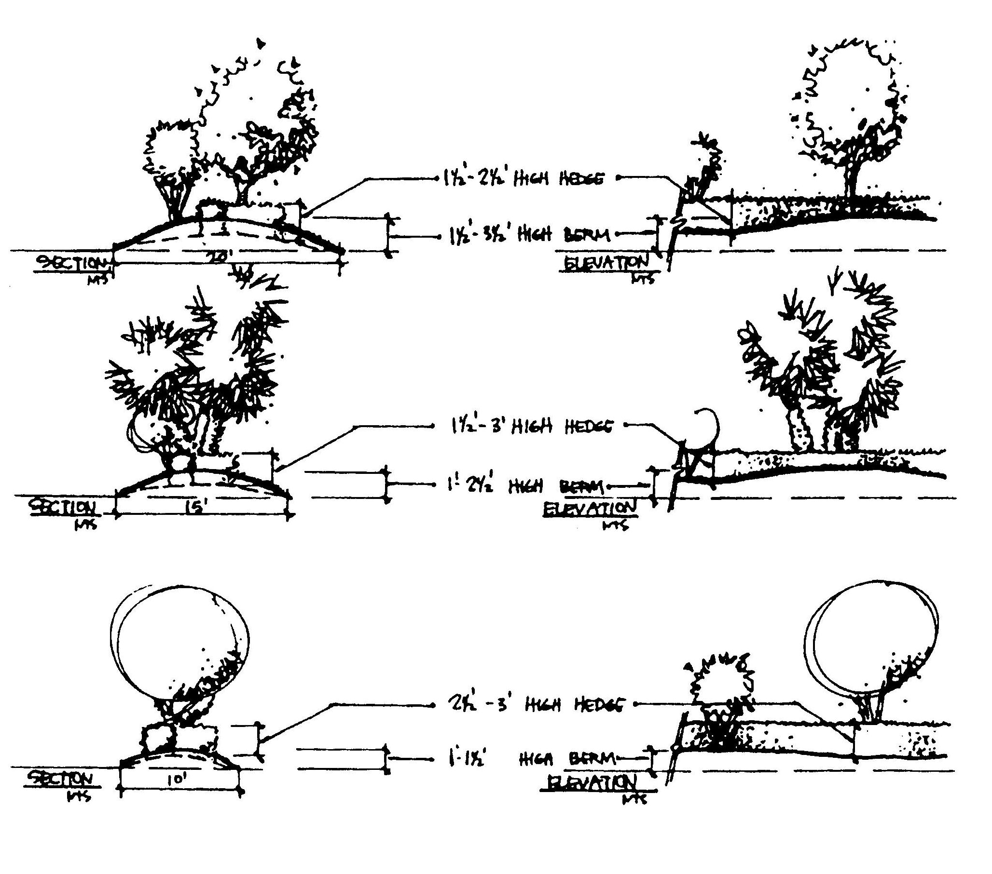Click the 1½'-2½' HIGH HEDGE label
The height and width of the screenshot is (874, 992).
click(x=523, y=179)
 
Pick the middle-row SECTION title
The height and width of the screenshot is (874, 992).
click(x=63, y=508)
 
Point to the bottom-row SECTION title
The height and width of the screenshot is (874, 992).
click(x=60, y=780)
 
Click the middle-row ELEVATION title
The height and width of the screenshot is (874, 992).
click(x=589, y=509)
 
